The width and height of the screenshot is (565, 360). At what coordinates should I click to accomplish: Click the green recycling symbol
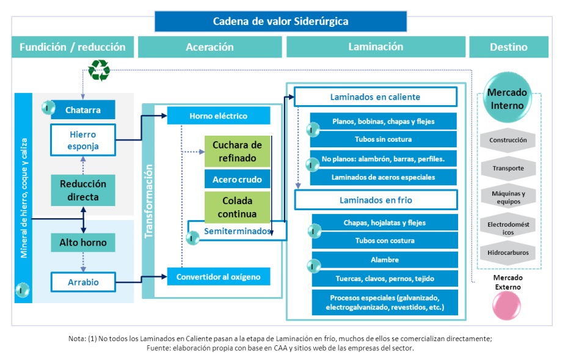point(99,70)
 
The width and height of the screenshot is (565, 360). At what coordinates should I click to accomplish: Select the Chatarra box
point(83,109)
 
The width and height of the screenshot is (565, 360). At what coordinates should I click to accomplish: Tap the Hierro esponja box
point(83,140)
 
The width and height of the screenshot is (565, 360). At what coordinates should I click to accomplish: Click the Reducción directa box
point(83,190)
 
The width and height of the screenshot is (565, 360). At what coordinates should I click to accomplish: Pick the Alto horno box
point(83,243)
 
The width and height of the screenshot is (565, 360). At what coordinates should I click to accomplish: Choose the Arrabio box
point(83,282)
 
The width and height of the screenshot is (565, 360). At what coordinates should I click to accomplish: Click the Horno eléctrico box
point(218,116)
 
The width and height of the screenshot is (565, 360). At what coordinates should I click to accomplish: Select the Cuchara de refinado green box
point(237,151)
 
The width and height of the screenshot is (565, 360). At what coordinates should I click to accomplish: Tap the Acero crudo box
point(237,179)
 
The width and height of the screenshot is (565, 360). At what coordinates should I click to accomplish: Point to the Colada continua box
point(237,207)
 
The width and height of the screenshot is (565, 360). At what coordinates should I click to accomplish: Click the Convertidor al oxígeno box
point(218,277)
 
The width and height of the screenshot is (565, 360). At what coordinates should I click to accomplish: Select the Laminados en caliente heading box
point(376,97)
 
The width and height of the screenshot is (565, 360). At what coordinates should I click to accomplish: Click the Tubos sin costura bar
point(383,139)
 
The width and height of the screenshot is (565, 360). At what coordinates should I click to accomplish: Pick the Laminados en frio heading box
point(376,200)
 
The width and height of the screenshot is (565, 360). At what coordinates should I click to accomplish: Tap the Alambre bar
point(385,260)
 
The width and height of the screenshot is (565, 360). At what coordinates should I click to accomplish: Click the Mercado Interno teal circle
point(507,97)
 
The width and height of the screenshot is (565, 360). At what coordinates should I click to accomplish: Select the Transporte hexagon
point(508,168)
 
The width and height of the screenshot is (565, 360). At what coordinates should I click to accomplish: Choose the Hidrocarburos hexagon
point(508,252)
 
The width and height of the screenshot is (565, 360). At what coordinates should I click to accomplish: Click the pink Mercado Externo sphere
point(506,306)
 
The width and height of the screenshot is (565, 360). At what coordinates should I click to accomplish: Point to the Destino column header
point(509,47)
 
